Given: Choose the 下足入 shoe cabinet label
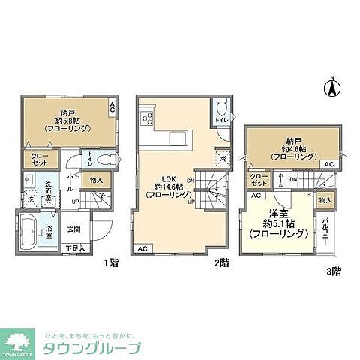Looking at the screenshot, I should click(76, 247).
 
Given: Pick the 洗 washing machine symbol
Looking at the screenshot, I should click(30, 199).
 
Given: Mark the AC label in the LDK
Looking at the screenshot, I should click(142, 247).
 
